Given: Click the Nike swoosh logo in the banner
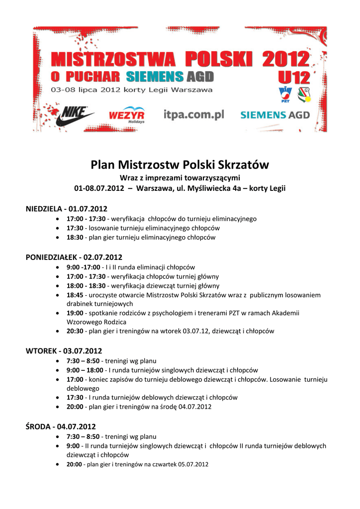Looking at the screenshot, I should pos(74,116).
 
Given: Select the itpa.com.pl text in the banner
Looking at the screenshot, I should pos(193,115).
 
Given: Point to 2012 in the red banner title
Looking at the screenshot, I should pos(286,61).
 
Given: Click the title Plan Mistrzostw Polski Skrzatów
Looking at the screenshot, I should pos(180,165).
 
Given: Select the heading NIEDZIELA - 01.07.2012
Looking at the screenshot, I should pos(66,208).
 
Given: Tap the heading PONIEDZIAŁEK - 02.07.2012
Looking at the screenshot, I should pos(74,257).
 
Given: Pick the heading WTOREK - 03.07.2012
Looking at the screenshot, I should pos(64,350).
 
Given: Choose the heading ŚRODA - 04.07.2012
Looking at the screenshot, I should pos(61,426).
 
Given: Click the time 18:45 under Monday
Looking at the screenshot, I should pos(75,295).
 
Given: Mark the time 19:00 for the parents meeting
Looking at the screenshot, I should pos(75,313).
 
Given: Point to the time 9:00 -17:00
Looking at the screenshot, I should pos(83,267).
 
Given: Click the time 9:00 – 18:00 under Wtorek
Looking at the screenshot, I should pos(85,370).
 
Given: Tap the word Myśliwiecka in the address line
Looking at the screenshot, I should pos(191,189).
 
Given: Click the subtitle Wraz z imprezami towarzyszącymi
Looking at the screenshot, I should pos(180,178).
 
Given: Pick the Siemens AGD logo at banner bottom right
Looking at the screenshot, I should pos(275,115).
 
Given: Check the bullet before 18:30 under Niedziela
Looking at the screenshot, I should pos(60,238).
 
